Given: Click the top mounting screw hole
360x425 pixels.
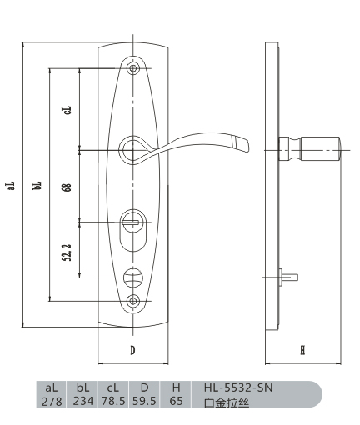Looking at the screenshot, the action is point(133,68).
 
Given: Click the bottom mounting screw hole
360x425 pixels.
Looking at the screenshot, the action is point(133,301).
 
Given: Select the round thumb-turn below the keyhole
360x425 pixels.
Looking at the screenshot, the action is point(133,277).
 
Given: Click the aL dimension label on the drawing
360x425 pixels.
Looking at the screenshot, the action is point(11,186).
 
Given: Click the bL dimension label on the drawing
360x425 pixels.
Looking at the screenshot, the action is point(37,185).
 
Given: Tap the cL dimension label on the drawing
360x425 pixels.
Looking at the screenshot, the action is point(67,110).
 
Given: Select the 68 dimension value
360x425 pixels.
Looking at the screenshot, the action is point(67,187).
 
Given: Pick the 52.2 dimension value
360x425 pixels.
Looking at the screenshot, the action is point(67,252).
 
